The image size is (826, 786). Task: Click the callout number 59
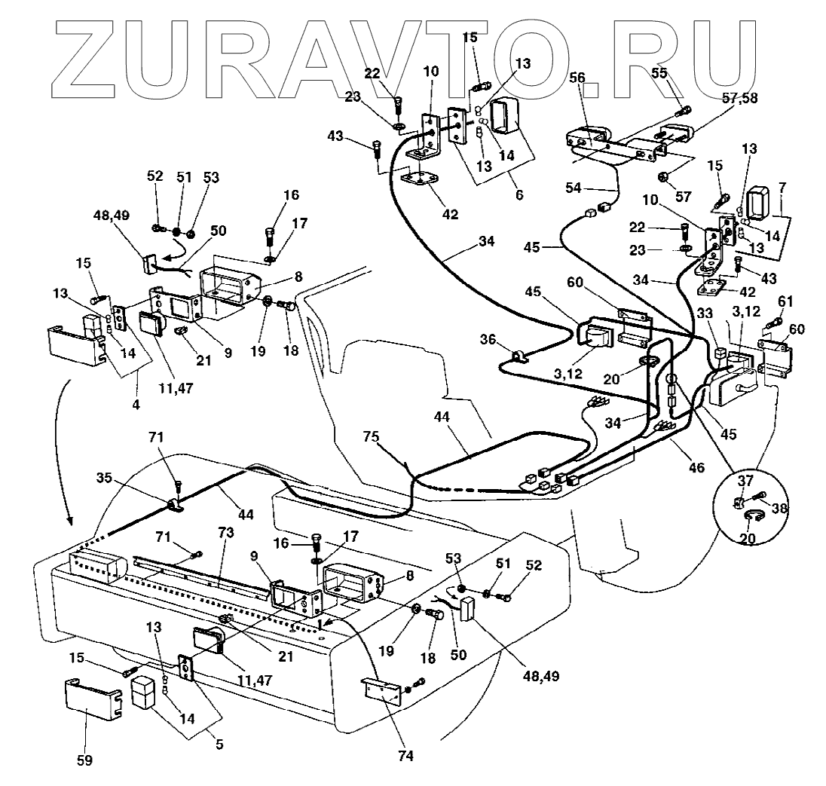pyautogui.click(x=84, y=760)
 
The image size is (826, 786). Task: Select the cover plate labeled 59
pyautogui.click(x=89, y=703)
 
